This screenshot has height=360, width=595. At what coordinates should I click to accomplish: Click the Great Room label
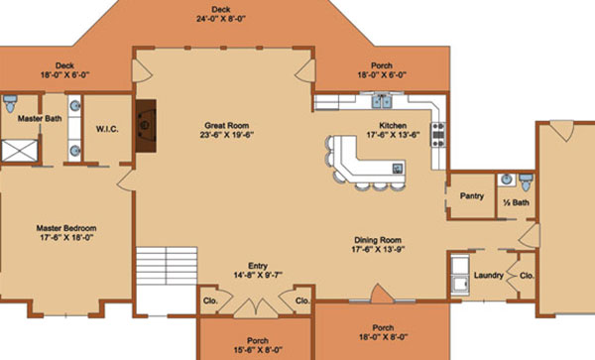(x=226, y=125)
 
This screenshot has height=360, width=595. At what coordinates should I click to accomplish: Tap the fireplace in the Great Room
(x=146, y=126)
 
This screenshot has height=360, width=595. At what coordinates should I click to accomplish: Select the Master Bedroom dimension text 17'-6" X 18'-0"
(x=66, y=238)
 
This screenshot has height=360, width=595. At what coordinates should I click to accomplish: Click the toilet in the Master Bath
(x=10, y=103)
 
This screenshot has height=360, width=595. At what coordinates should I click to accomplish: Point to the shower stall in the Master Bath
(x=20, y=151)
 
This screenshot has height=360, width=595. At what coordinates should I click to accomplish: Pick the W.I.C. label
(x=107, y=129)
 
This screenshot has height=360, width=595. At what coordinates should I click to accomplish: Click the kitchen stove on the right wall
(x=437, y=134)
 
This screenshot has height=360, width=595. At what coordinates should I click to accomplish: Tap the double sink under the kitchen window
(x=382, y=102)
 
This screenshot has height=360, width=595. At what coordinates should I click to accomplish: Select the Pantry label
(x=472, y=195)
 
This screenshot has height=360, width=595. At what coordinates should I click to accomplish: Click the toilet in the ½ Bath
(x=526, y=182)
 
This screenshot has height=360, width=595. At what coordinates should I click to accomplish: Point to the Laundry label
(x=488, y=275)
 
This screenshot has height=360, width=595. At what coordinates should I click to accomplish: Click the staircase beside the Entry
(x=167, y=266)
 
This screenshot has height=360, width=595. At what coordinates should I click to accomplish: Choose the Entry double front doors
(x=256, y=308)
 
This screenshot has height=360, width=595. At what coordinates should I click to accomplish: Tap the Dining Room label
(x=378, y=240)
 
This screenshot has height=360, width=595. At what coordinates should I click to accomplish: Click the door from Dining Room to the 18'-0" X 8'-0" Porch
(x=382, y=294)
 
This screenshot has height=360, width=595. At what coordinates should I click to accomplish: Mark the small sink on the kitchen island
(x=398, y=168)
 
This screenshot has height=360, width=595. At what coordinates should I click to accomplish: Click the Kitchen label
(x=393, y=125)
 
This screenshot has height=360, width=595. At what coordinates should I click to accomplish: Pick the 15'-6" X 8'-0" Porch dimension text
(x=258, y=350)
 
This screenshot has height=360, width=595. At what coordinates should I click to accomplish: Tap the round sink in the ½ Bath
(x=507, y=180)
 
